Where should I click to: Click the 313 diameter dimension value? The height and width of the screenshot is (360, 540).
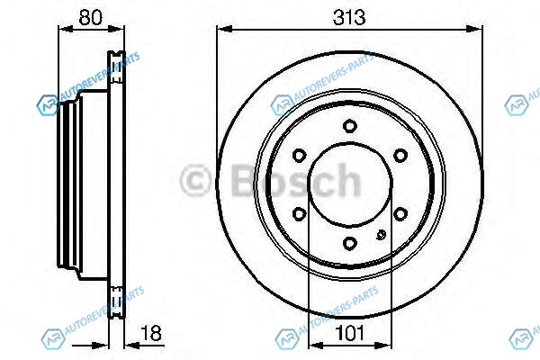click(x=349, y=17)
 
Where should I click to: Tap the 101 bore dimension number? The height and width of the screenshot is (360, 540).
click(x=349, y=333)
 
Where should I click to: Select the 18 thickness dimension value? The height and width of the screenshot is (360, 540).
click(x=151, y=334)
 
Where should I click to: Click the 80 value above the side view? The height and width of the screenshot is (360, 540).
click(x=90, y=17)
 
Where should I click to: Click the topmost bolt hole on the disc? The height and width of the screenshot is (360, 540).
click(x=349, y=126)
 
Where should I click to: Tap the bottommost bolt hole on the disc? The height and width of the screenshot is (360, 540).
click(x=349, y=244)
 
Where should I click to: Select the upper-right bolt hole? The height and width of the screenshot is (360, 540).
click(x=400, y=156)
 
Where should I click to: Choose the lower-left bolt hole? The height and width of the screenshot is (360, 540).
click(x=299, y=214)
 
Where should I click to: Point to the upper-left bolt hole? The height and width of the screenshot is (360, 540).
click(x=299, y=156)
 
